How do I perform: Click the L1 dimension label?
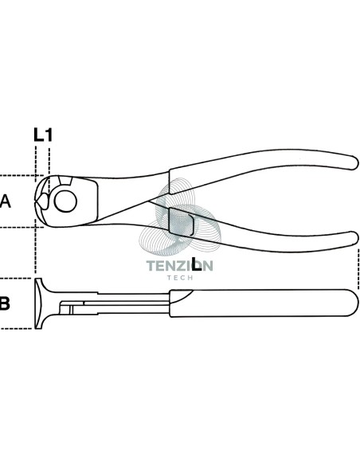click(43, 135)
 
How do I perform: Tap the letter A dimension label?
click(5, 201)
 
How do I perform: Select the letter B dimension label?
click(5, 303)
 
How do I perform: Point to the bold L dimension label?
click(196, 264)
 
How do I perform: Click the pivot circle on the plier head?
click(65, 201)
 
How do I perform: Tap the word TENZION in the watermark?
click(180, 266)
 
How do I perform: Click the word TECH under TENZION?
click(180, 278)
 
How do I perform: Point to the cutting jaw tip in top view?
click(36, 201)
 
